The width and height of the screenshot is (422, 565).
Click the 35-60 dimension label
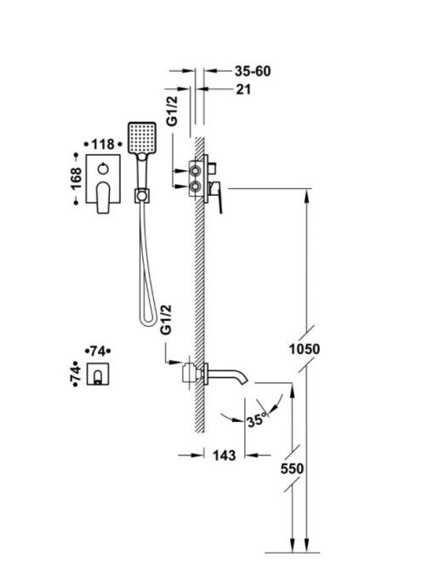(x=253, y=71)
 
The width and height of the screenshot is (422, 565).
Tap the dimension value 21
(x=243, y=89)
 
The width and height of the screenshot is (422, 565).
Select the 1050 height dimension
(x=305, y=349)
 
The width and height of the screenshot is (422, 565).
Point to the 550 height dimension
(x=292, y=469)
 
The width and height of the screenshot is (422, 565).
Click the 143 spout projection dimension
(x=224, y=455)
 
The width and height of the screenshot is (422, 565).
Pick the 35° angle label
(x=258, y=419)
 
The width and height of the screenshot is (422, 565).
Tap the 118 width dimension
(x=103, y=145)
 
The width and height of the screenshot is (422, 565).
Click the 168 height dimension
(x=76, y=179)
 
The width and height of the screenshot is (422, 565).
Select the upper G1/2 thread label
(x=174, y=111)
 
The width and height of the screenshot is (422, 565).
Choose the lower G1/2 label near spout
(x=166, y=320)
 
